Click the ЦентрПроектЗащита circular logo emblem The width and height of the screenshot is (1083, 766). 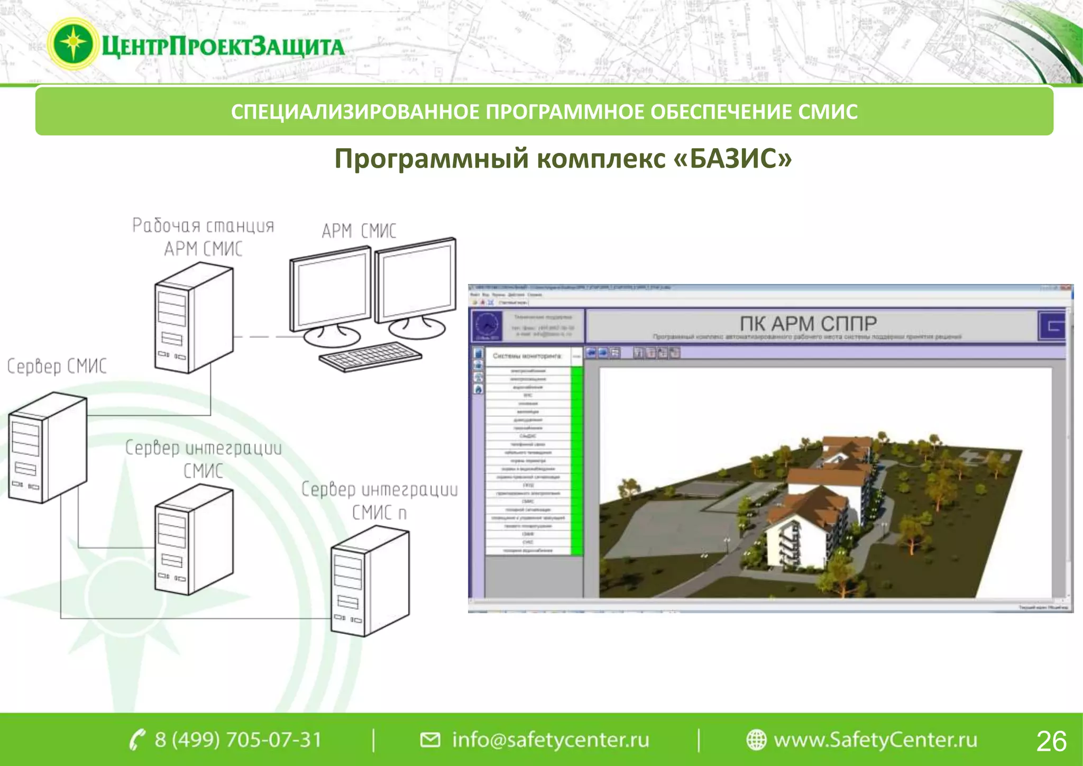tap(73, 44)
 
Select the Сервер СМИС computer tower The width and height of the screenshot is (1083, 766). tap(47, 448)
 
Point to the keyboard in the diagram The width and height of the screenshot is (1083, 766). tap(370, 356)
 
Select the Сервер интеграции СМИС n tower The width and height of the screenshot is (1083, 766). tap(370, 582)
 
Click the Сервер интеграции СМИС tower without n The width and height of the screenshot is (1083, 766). tap(194, 541)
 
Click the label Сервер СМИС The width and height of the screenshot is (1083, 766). tap(57, 366)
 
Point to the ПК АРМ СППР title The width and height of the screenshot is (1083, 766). tap(807, 323)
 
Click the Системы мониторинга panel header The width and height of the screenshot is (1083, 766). tap(527, 356)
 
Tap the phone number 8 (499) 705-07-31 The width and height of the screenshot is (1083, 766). tap(238, 740)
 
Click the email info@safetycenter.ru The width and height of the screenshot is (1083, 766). tap(550, 740)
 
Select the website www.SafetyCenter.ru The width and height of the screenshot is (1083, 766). tap(875, 740)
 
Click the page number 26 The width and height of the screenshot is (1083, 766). tap(1051, 741)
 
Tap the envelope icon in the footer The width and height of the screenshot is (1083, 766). tap(430, 740)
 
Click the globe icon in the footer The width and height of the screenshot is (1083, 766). tap(756, 740)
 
